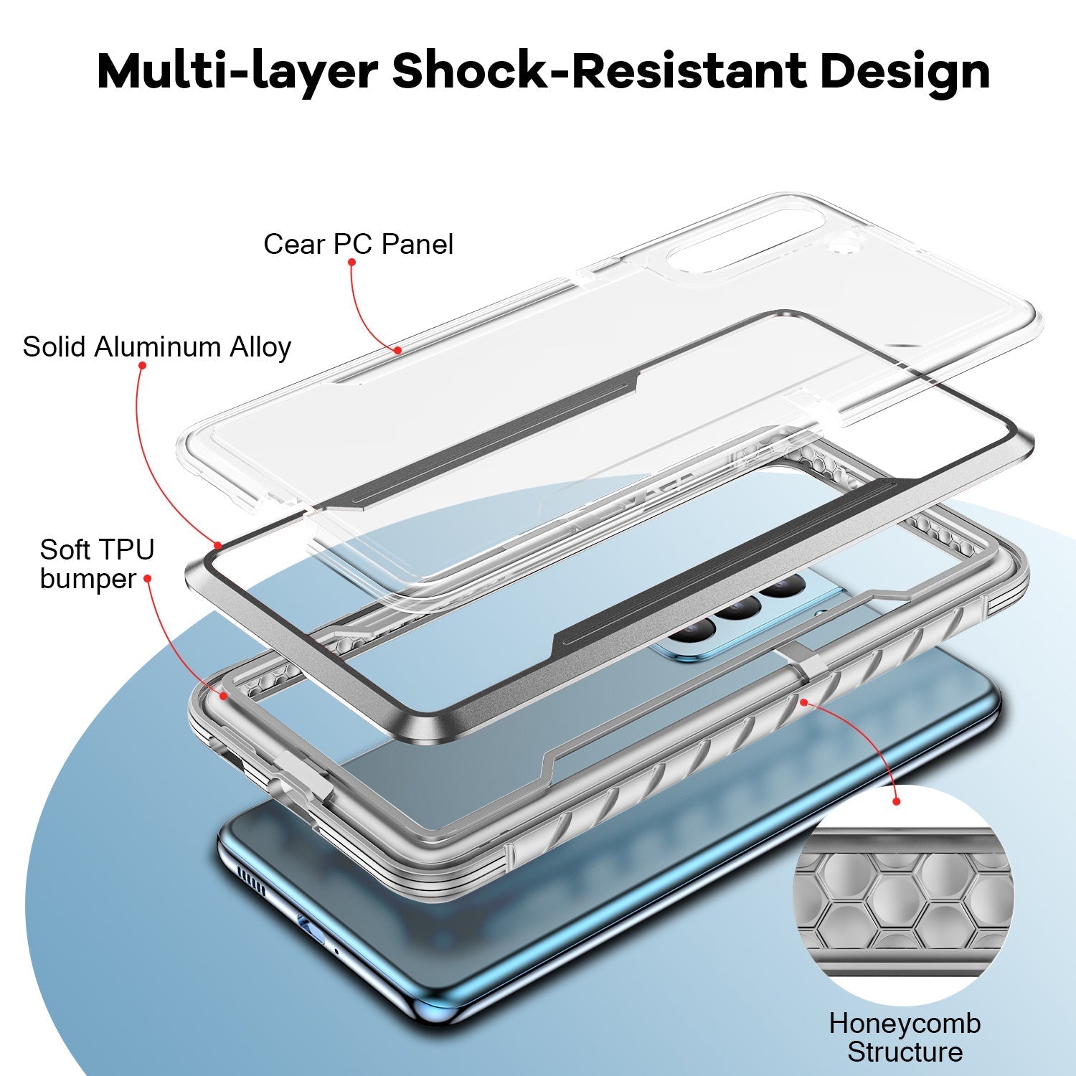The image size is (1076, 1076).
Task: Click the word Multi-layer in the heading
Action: pyautogui.click(x=237, y=72)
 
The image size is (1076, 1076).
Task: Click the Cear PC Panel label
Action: pyautogui.click(x=358, y=245)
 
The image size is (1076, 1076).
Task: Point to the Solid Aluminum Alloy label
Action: pyautogui.click(x=156, y=347)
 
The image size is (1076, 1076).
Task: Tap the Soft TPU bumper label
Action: pyautogui.click(x=97, y=565)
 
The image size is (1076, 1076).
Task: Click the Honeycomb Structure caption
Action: pyautogui.click(x=905, y=1038)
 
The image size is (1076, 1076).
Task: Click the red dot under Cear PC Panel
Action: pyautogui.click(x=351, y=263)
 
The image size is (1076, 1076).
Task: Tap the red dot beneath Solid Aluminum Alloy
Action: pyautogui.click(x=142, y=366)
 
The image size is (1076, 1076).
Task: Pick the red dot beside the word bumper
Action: pyautogui.click(x=148, y=578)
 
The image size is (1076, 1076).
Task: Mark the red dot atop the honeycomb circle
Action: pyautogui.click(x=896, y=801)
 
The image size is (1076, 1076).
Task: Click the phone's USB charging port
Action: pyautogui.click(x=310, y=928)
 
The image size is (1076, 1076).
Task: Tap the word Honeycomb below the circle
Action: pyautogui.click(x=905, y=1024)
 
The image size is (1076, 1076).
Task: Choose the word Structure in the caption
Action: pyautogui.click(x=905, y=1053)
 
